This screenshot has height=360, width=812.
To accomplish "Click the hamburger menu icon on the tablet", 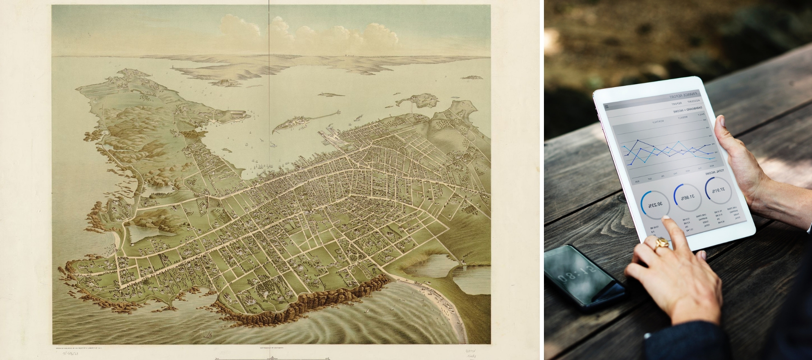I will [607, 106].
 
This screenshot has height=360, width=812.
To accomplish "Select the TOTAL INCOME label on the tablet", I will [714, 173].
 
